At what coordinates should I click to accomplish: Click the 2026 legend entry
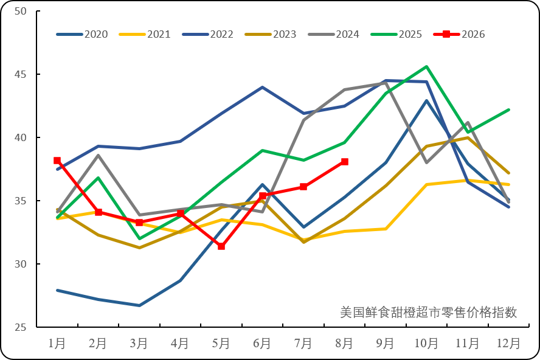click(x=459, y=34)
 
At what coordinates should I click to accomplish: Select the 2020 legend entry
click(x=82, y=34)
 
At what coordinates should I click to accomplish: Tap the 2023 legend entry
click(x=271, y=34)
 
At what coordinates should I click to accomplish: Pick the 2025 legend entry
click(x=396, y=34)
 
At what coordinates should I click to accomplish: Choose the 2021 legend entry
click(x=145, y=34)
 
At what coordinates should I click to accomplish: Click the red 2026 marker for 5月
click(x=221, y=246)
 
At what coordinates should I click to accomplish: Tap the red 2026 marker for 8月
click(x=344, y=162)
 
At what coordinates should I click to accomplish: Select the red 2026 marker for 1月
click(x=57, y=161)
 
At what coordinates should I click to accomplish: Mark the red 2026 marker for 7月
click(x=303, y=187)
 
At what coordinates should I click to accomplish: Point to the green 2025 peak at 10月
click(x=427, y=66)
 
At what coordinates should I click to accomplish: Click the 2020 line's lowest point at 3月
click(x=139, y=305)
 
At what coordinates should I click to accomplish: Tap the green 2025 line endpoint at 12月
click(x=508, y=110)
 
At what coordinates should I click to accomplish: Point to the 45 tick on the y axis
click(x=38, y=74)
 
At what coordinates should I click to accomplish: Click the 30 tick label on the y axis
click(x=20, y=264)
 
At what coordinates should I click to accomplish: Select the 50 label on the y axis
click(x=20, y=11)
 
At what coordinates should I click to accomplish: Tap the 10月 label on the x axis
click(x=426, y=344)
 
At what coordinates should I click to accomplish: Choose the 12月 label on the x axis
click(x=508, y=344)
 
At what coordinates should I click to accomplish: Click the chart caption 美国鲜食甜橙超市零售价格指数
click(x=429, y=312)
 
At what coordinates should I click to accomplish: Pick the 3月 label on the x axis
click(x=139, y=344)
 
